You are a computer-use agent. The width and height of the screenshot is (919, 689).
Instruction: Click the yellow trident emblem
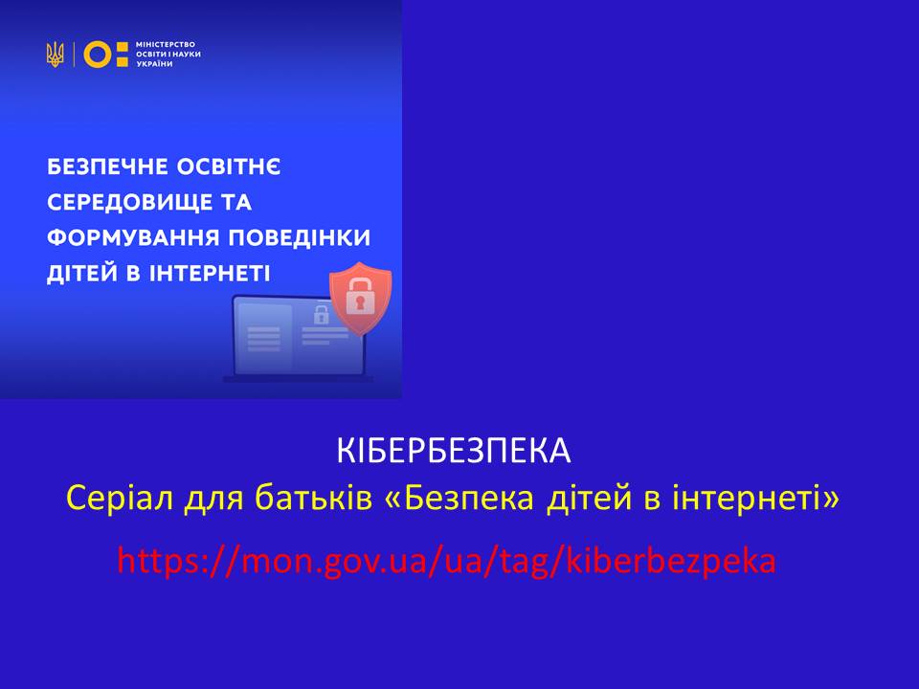tap(56, 55)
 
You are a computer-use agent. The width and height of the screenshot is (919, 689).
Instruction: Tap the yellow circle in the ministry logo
tap(98, 55)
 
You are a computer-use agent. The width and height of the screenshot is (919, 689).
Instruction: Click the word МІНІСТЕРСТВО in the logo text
tap(166, 45)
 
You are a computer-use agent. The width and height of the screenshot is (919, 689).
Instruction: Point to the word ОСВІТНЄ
tap(229, 167)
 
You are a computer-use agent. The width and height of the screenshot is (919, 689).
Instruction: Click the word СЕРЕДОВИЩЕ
tap(129, 203)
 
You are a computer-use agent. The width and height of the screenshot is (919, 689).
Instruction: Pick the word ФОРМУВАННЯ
tap(133, 238)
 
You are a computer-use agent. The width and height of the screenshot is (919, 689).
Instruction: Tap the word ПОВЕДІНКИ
tap(300, 238)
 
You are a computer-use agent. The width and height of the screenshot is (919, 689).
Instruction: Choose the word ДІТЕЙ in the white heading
tap(82, 274)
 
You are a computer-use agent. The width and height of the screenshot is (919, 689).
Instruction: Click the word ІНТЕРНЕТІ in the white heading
tap(211, 274)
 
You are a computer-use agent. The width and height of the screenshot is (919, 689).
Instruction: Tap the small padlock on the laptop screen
tap(321, 315)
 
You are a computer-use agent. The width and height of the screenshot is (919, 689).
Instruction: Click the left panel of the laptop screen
tap(263, 338)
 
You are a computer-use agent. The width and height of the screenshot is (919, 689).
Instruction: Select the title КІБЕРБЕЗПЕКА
tap(454, 451)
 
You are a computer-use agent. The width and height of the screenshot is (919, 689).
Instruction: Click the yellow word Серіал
tap(120, 498)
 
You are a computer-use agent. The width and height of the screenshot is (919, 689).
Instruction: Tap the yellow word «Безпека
tap(459, 498)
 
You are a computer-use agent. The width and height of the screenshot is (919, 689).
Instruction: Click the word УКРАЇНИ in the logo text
tap(155, 64)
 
